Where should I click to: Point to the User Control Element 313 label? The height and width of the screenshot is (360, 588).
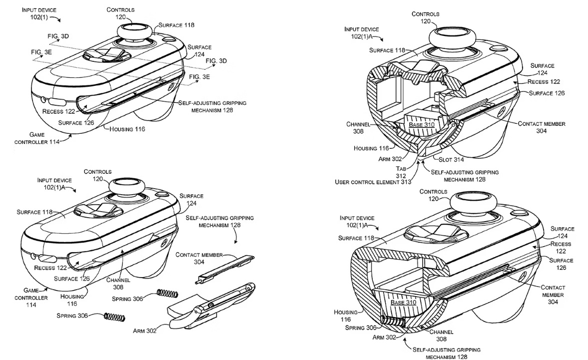click(x=373, y=182)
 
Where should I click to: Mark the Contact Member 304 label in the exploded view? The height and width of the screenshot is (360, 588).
click(x=199, y=258)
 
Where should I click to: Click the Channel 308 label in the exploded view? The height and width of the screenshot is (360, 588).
click(x=118, y=283)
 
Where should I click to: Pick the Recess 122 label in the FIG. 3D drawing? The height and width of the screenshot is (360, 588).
click(x=59, y=111)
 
